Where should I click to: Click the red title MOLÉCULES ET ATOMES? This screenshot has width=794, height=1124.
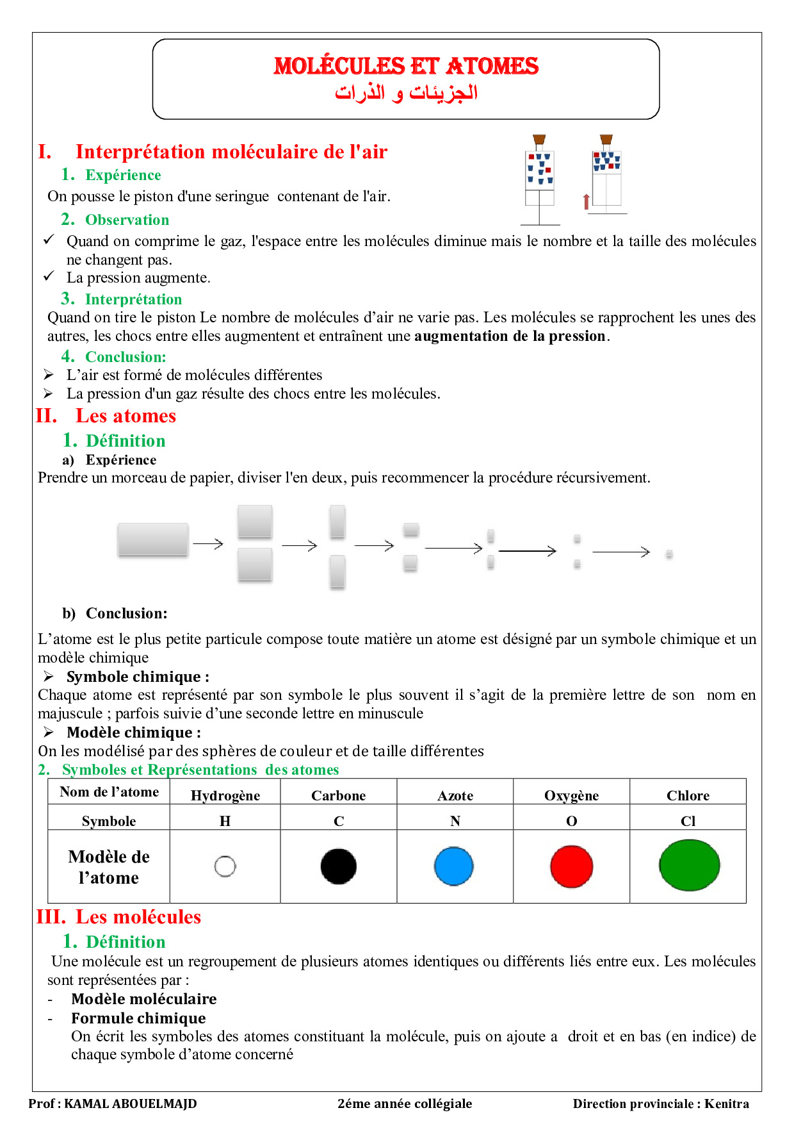(406, 66)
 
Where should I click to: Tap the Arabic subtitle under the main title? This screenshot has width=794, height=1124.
(406, 93)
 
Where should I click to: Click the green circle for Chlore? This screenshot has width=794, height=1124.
(689, 866)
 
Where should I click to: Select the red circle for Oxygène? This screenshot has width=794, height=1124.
(571, 866)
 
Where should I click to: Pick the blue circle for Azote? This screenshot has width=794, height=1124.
(454, 866)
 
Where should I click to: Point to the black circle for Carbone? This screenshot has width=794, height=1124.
(338, 866)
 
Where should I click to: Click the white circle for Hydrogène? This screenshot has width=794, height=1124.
(225, 866)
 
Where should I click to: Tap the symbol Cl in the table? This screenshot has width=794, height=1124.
(688, 822)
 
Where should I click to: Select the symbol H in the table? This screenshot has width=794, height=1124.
(225, 822)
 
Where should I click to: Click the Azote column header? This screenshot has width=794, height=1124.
(455, 796)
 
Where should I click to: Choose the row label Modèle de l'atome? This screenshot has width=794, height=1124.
(109, 867)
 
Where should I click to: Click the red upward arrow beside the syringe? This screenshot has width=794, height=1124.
(586, 202)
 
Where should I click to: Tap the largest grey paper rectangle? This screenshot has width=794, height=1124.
(153, 540)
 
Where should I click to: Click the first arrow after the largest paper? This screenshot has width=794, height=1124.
(208, 544)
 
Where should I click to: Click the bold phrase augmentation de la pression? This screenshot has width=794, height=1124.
(510, 336)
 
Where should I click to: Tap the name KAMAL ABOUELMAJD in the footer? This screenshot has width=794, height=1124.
(131, 1103)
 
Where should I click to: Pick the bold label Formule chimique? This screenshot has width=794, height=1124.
(138, 1018)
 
